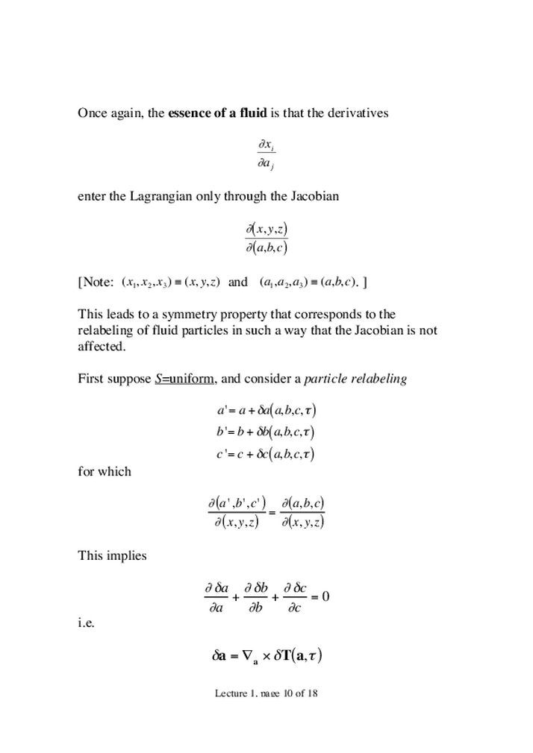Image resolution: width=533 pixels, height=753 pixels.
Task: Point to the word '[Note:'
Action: click(x=96, y=283)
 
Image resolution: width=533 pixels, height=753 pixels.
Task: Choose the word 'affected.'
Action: click(x=99, y=347)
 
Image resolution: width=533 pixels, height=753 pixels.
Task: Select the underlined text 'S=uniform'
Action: click(x=185, y=379)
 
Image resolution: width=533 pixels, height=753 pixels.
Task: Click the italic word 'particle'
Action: click(x=325, y=379)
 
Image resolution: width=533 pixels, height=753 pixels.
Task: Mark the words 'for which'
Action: click(x=105, y=471)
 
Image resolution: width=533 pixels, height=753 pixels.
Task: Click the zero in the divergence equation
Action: click(x=325, y=596)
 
